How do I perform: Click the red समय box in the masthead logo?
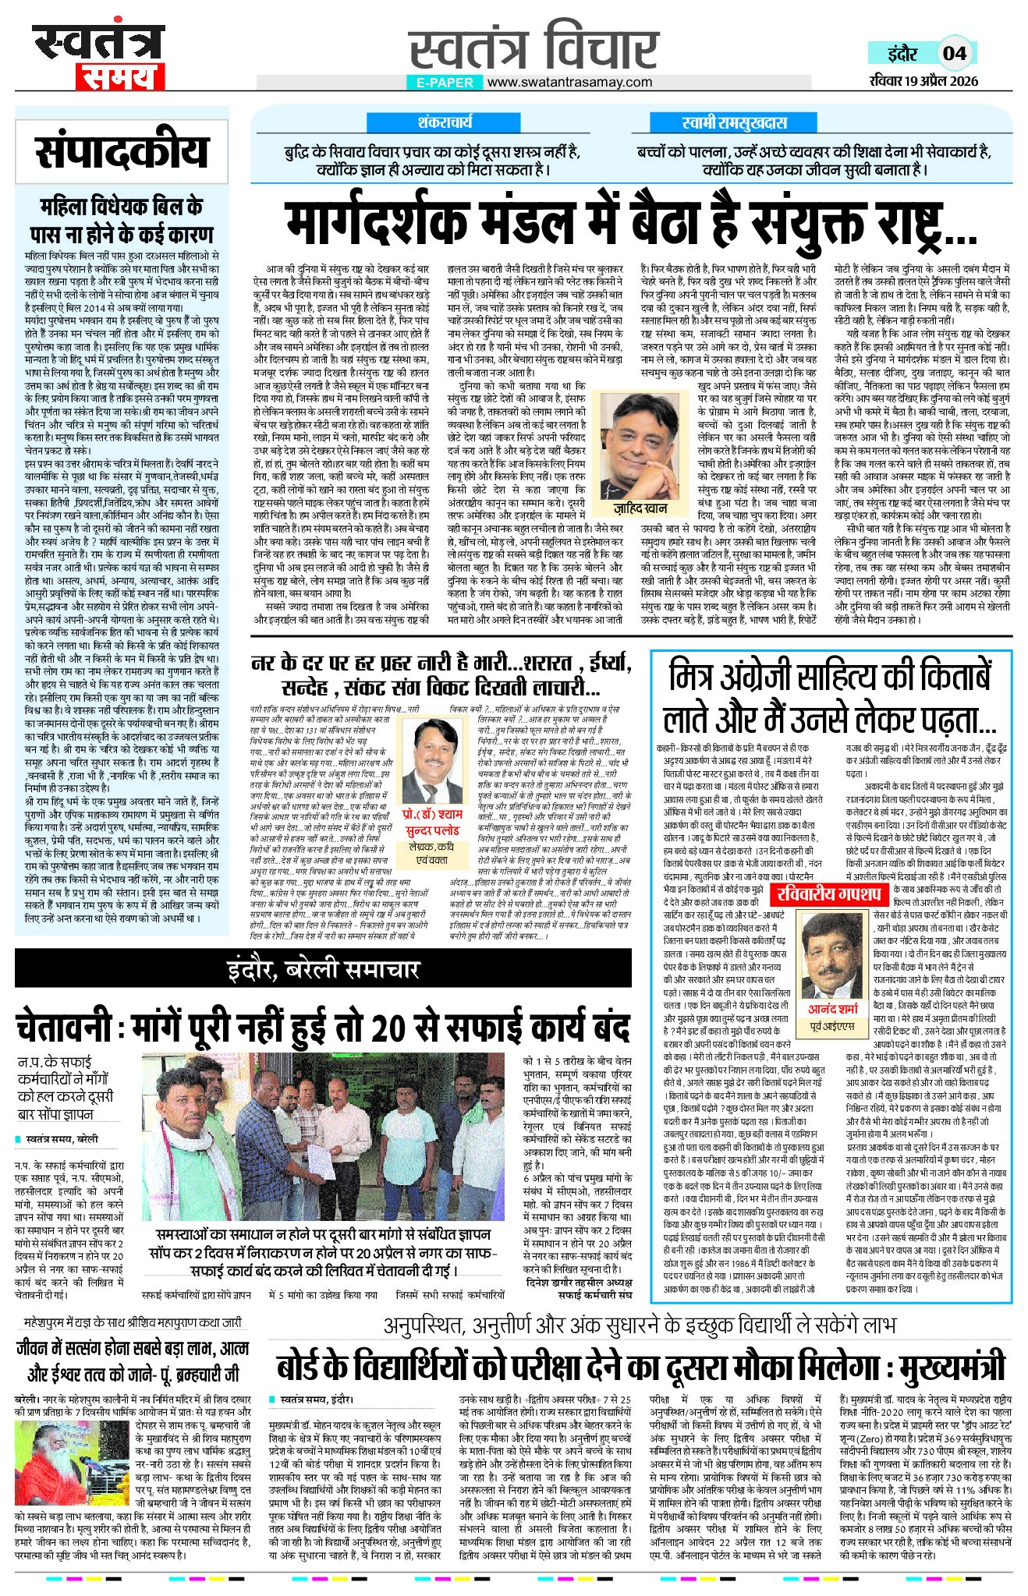(x=120, y=77)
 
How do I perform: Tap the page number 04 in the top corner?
(x=955, y=54)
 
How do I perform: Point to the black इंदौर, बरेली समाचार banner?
(x=323, y=970)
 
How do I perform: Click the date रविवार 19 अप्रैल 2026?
(x=923, y=81)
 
